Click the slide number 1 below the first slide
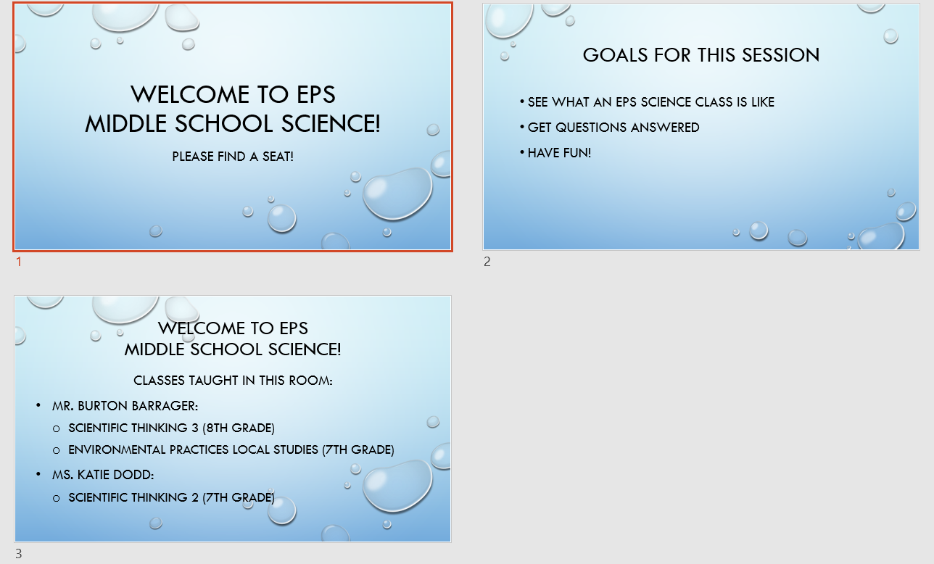[19, 262]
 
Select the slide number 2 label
[487, 262]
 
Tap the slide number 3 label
[19, 554]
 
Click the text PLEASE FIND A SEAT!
[233, 157]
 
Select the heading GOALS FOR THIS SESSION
[701, 55]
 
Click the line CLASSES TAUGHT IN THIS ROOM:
[233, 380]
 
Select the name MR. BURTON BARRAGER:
[125, 405]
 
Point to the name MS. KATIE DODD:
[102, 474]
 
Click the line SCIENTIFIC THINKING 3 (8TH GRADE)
[171, 428]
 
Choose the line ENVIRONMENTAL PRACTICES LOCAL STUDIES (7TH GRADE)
[231, 449]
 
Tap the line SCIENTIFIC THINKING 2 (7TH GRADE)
[171, 498]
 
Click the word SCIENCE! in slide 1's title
[331, 124]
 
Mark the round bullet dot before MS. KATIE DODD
[38, 474]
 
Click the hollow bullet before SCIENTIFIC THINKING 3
[57, 428]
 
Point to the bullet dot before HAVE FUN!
[521, 152]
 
